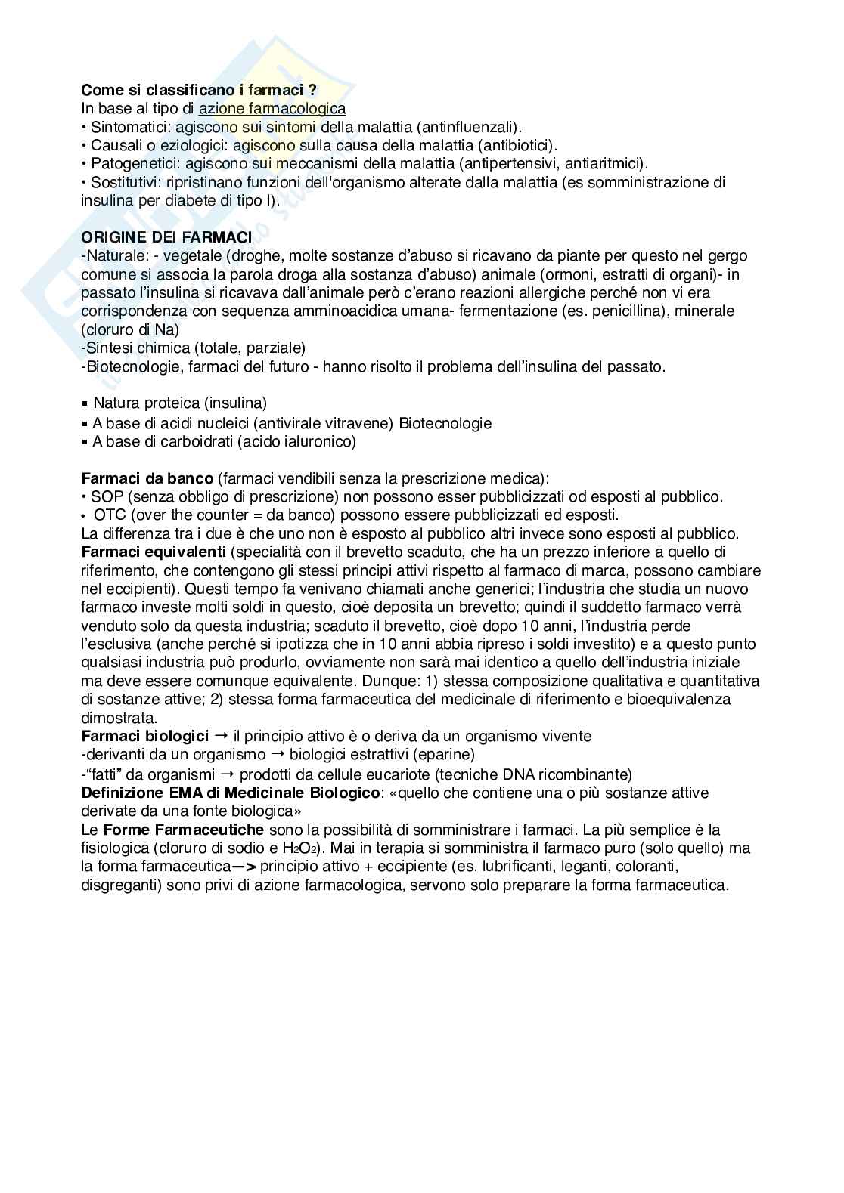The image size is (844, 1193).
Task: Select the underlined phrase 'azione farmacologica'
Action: [272, 109]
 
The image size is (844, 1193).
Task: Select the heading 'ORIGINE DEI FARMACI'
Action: [166, 237]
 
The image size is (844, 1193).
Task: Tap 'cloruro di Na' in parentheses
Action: [129, 329]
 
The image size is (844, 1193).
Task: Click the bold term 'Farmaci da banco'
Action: [147, 478]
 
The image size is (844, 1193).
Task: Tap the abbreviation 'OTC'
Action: [110, 515]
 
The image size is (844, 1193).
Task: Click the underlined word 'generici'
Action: [501, 589]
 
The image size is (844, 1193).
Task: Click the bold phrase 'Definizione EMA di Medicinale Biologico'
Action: [231, 793]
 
